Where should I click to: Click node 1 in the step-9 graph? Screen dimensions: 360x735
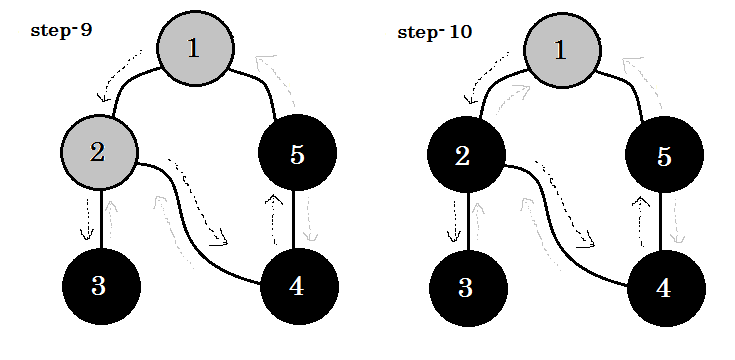tap(195, 48)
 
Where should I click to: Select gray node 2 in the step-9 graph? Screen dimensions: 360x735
tap(98, 152)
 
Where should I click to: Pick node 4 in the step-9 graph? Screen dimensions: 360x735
tap(297, 285)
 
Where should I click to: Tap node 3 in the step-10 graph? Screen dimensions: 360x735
tap(465, 286)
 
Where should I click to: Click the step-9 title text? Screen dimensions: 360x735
tap(62, 31)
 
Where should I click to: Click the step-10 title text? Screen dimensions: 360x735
tap(435, 32)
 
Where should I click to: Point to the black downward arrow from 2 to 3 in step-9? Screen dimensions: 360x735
tap(88, 218)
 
